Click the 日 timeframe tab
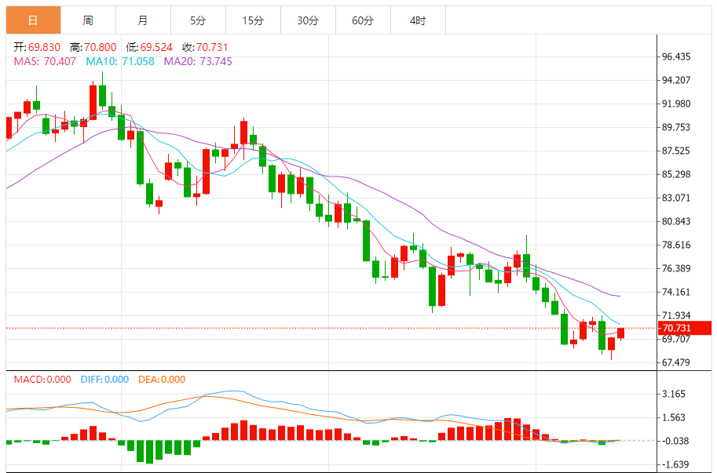pos(32,20)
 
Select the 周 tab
pos(87,20)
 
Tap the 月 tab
pos(142,20)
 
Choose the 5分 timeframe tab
pos(197,20)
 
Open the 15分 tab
pos(252,20)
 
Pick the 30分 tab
pos(307,20)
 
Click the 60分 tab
pos(362,20)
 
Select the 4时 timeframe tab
pos(417,20)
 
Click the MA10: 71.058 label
pos(120,61)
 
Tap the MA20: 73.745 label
pos(198,61)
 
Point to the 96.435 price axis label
pos(676,56)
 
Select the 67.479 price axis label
pos(676,362)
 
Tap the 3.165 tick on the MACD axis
pos(674,394)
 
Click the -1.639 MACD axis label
pos(674,464)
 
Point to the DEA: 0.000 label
pos(161,380)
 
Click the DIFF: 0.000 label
pos(104,380)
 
